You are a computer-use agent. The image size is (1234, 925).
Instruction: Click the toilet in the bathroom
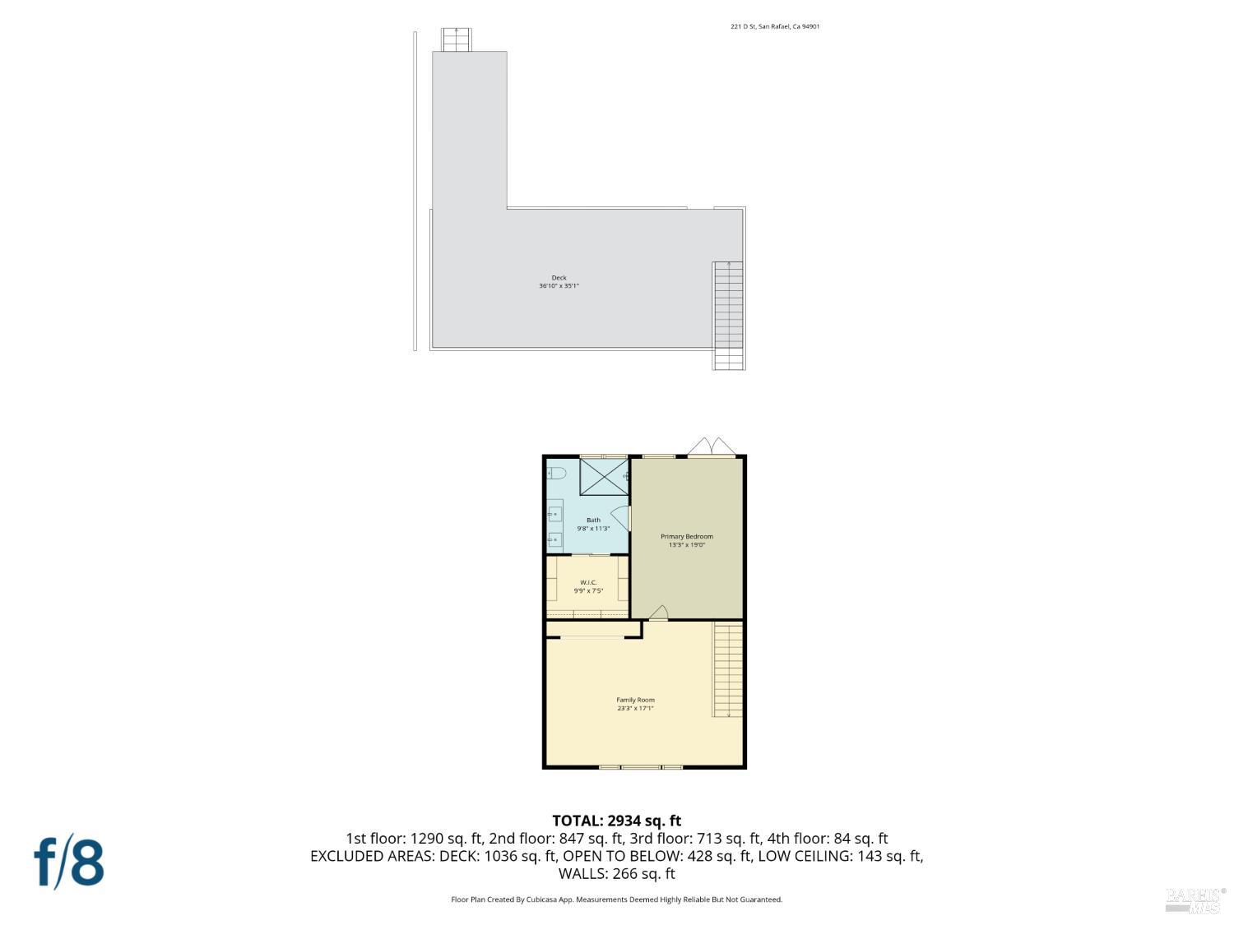556,474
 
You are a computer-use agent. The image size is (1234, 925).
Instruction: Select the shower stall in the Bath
604,477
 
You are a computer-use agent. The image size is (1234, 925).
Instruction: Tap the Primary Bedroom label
687,537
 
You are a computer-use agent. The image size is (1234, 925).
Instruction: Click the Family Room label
636,701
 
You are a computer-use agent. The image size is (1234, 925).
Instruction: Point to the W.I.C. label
588,582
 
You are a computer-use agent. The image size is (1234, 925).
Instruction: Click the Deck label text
559,278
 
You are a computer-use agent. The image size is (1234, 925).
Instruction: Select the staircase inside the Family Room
727,669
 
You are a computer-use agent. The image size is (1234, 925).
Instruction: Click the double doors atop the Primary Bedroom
712,446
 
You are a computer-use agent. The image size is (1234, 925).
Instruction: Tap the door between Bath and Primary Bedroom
622,518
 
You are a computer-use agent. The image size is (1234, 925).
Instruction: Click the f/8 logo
69,861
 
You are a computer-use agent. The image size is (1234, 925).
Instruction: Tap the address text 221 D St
775,26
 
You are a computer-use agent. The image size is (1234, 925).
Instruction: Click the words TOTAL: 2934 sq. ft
616,821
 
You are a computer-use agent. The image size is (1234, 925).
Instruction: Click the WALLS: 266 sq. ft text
616,873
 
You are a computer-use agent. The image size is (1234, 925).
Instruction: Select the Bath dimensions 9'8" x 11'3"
593,529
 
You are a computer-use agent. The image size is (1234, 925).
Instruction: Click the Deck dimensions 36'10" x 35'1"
559,286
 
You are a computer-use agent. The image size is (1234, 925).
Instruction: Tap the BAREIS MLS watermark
1195,900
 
